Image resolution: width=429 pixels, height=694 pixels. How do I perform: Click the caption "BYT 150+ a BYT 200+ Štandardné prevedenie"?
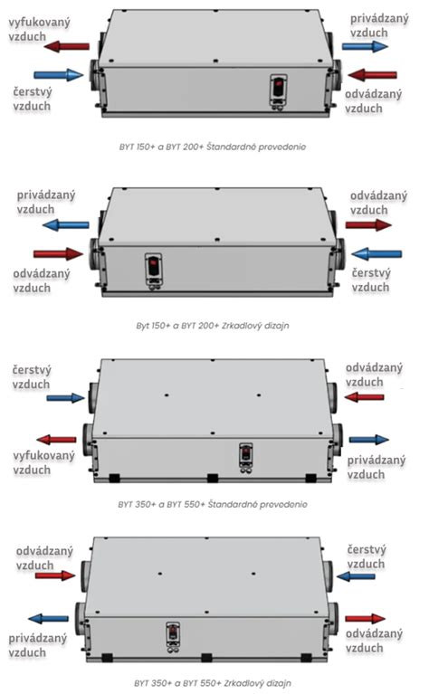click(213, 147)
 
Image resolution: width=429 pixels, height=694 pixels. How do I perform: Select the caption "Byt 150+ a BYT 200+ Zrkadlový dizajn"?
click(213, 326)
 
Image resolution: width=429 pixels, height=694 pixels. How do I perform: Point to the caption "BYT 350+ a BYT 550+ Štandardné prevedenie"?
click(213, 504)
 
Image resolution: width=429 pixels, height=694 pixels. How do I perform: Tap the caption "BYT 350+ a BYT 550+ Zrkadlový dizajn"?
click(213, 683)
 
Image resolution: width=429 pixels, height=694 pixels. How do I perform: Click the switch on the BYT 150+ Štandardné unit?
click(279, 90)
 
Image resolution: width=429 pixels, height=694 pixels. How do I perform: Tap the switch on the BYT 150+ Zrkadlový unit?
click(153, 270)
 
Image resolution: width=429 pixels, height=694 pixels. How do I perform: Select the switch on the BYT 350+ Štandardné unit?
click(245, 456)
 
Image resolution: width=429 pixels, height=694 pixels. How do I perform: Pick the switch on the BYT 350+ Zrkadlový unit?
click(173, 635)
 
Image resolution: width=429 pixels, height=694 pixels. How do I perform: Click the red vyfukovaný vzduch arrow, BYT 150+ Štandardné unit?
click(67, 46)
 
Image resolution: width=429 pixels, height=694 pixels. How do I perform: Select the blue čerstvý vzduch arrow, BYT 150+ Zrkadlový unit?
click(377, 254)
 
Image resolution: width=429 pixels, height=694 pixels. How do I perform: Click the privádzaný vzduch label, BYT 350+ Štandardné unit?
click(376, 468)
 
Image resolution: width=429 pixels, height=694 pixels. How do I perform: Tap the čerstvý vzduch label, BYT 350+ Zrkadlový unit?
click(367, 556)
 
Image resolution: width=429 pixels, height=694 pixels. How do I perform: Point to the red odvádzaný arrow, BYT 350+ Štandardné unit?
click(364, 397)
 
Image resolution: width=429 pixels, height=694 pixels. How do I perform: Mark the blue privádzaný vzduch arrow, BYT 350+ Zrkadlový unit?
click(48, 618)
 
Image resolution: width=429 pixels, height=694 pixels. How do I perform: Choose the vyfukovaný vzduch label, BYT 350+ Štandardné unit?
click(43, 463)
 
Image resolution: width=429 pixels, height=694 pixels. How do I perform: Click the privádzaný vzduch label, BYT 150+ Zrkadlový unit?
click(46, 203)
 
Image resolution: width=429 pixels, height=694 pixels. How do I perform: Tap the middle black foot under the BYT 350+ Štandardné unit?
click(213, 479)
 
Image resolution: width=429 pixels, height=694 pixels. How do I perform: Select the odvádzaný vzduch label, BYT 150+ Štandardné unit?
click(373, 101)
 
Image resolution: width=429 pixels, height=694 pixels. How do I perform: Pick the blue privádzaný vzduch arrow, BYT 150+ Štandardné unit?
click(365, 46)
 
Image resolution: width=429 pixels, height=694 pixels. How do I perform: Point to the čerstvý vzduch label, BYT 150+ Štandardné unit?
click(32, 100)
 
